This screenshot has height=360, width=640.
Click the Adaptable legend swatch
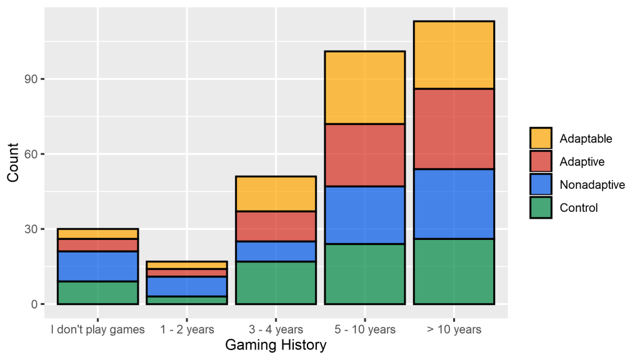click(541, 139)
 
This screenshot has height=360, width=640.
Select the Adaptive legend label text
click(582, 162)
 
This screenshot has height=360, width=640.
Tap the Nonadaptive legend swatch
click(541, 184)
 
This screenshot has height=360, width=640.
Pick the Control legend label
click(579, 207)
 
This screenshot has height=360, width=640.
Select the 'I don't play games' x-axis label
click(97, 329)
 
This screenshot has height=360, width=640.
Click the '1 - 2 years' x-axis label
click(186, 329)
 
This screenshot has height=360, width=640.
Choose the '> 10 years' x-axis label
click(454, 329)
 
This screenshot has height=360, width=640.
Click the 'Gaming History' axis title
click(276, 345)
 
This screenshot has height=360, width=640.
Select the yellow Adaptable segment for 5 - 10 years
click(365, 87)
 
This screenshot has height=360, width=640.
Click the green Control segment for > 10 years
click(454, 271)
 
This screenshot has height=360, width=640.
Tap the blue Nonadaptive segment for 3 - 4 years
click(276, 251)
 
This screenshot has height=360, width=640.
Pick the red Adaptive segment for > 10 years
click(454, 129)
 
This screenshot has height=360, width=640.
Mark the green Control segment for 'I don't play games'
click(97, 292)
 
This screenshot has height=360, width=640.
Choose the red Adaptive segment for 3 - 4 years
click(276, 226)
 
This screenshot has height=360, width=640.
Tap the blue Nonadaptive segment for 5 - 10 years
click(365, 215)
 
